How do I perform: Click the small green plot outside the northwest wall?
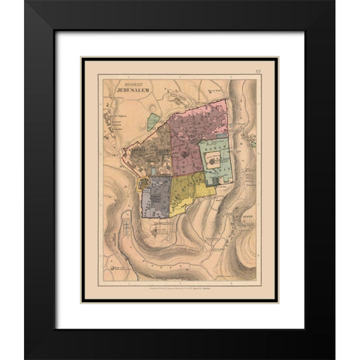point(154,119)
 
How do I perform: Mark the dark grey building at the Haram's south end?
point(216,181)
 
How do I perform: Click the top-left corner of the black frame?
point(25,3)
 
